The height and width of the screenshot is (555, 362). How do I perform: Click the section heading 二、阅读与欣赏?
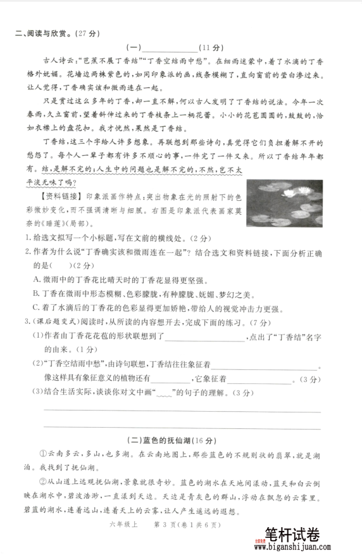(x=53, y=34)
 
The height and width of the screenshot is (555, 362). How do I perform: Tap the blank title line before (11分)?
(x=171, y=49)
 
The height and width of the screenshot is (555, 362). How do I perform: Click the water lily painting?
(x=284, y=204)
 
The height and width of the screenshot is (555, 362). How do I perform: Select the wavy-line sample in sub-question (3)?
(x=163, y=394)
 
